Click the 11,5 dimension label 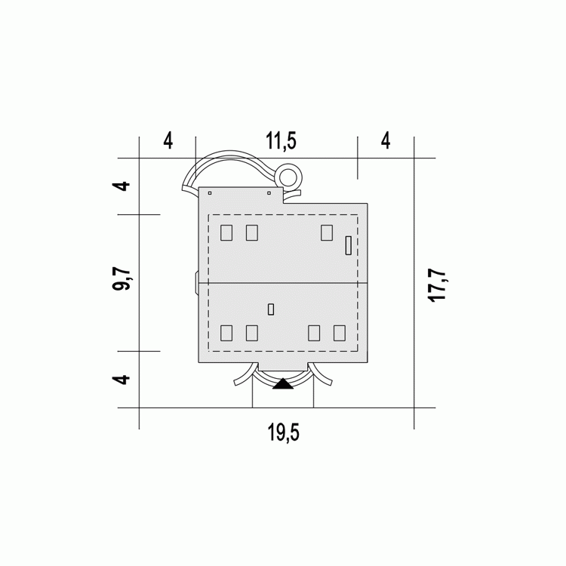[x=281, y=141]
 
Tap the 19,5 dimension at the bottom [x=283, y=432]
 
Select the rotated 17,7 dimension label [x=437, y=285]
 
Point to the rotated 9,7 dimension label [x=121, y=278]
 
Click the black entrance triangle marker [x=283, y=383]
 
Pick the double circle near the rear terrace [x=291, y=177]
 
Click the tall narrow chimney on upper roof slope [x=349, y=245]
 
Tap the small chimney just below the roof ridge [x=271, y=309]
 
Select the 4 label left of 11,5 [x=168, y=141]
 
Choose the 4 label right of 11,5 [x=386, y=141]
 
